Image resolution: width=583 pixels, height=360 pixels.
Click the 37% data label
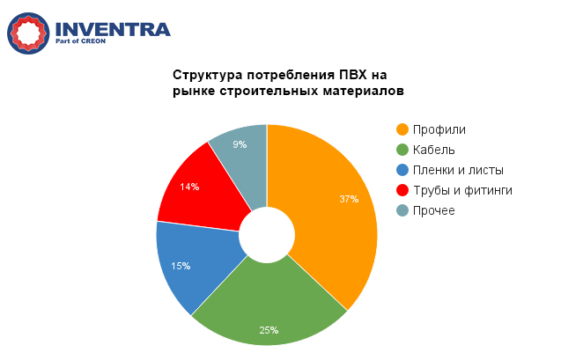click(349, 199)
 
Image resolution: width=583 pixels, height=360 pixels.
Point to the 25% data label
click(269, 330)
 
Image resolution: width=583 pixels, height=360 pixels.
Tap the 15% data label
click(181, 266)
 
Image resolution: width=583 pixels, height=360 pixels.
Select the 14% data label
click(189, 187)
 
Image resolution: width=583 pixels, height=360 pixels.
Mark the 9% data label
click(240, 144)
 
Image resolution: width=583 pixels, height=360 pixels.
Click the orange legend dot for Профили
click(402, 129)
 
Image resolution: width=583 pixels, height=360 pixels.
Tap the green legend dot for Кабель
click(402, 150)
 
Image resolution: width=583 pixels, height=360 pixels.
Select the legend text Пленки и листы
click(458, 170)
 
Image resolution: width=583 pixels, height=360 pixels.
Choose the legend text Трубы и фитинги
click(463, 191)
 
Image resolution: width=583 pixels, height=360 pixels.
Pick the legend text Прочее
click(434, 210)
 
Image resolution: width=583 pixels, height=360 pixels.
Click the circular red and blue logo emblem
click(28, 33)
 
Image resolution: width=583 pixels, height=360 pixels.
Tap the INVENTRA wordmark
click(113, 29)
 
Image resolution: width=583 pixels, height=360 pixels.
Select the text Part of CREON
click(81, 41)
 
